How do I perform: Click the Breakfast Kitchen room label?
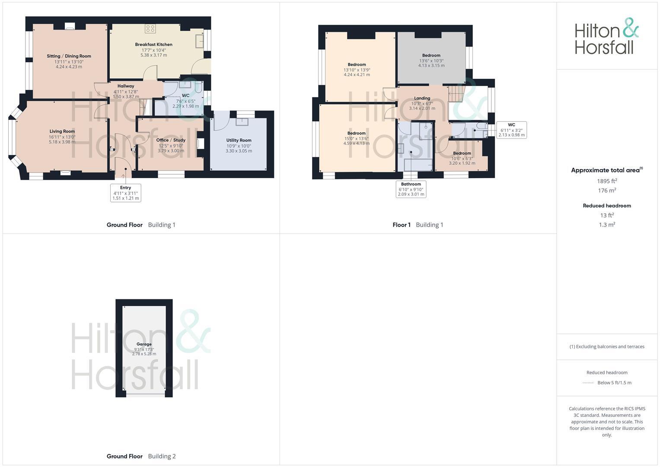pyautogui.click(x=153, y=45)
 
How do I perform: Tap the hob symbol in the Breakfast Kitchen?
pyautogui.click(x=150, y=29)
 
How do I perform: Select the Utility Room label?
pyautogui.click(x=239, y=140)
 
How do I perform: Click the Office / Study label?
pyautogui.click(x=171, y=140)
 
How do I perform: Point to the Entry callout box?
pyautogui.click(x=125, y=193)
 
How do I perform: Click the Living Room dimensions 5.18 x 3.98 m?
pyautogui.click(x=62, y=142)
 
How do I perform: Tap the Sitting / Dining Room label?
pyautogui.click(x=69, y=56)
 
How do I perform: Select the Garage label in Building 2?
pyautogui.click(x=144, y=344)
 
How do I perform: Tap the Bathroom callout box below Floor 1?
pyautogui.click(x=411, y=189)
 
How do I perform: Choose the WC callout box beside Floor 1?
pyautogui.click(x=511, y=130)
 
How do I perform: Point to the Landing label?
pyautogui.click(x=422, y=98)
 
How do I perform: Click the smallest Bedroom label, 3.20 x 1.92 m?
pyautogui.click(x=462, y=153)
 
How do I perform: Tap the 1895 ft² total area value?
pyautogui.click(x=607, y=181)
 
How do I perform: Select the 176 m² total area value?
pyautogui.click(x=607, y=191)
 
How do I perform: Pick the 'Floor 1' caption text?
pyautogui.click(x=402, y=225)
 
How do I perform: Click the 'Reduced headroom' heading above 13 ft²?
pyautogui.click(x=607, y=206)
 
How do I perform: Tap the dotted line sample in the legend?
pyautogui.click(x=588, y=383)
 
